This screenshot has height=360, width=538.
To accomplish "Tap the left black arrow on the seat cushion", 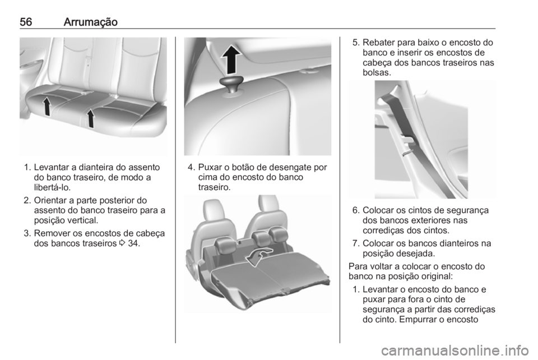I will tap(47, 105).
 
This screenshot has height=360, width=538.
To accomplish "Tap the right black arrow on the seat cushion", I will tap(89, 118).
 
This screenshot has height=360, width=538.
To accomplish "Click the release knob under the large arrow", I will tap(231, 85).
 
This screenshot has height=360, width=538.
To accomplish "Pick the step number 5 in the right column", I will tap(354, 41).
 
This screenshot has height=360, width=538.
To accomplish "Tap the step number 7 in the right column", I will tap(355, 243).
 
